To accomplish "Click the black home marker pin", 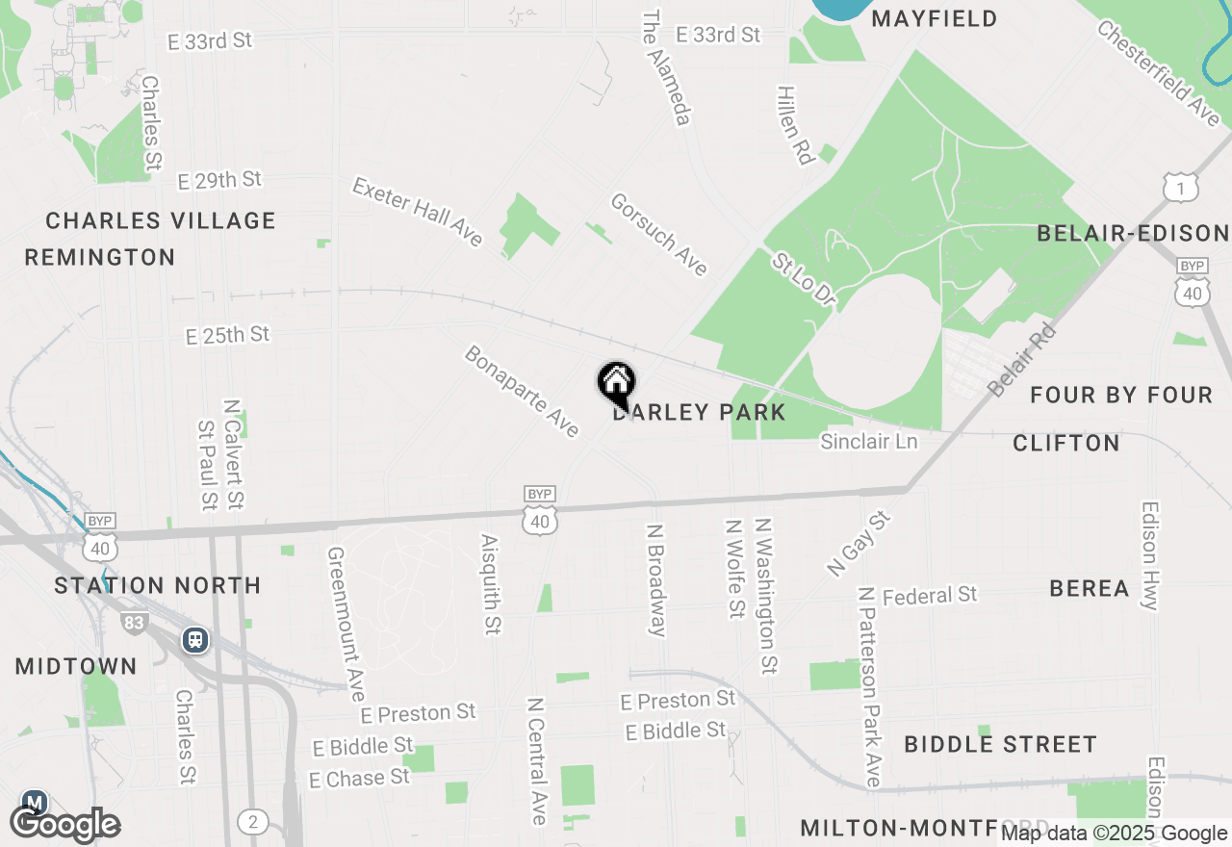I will click(616, 384).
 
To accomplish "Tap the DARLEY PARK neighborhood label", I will click(700, 413).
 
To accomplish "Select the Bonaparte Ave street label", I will click(522, 391).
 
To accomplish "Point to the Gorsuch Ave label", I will click(659, 234).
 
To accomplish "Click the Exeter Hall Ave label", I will click(418, 212).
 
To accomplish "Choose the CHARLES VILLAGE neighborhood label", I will click(161, 220).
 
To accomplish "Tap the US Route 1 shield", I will click(1180, 188).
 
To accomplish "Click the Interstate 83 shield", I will click(134, 623).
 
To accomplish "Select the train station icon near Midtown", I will click(195, 639).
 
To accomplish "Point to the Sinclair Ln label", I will click(869, 441).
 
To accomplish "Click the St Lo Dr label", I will click(803, 280).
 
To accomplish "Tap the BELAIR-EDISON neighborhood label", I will click(1133, 233).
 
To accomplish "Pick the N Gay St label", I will click(860, 544).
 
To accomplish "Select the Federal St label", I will click(930, 596).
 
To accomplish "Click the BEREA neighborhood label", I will click(1089, 588).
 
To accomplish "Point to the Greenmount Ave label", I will click(346, 624).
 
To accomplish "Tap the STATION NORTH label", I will click(158, 585).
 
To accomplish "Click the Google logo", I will click(65, 825).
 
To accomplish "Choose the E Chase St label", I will click(359, 778).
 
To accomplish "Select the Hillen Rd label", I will click(795, 124).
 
